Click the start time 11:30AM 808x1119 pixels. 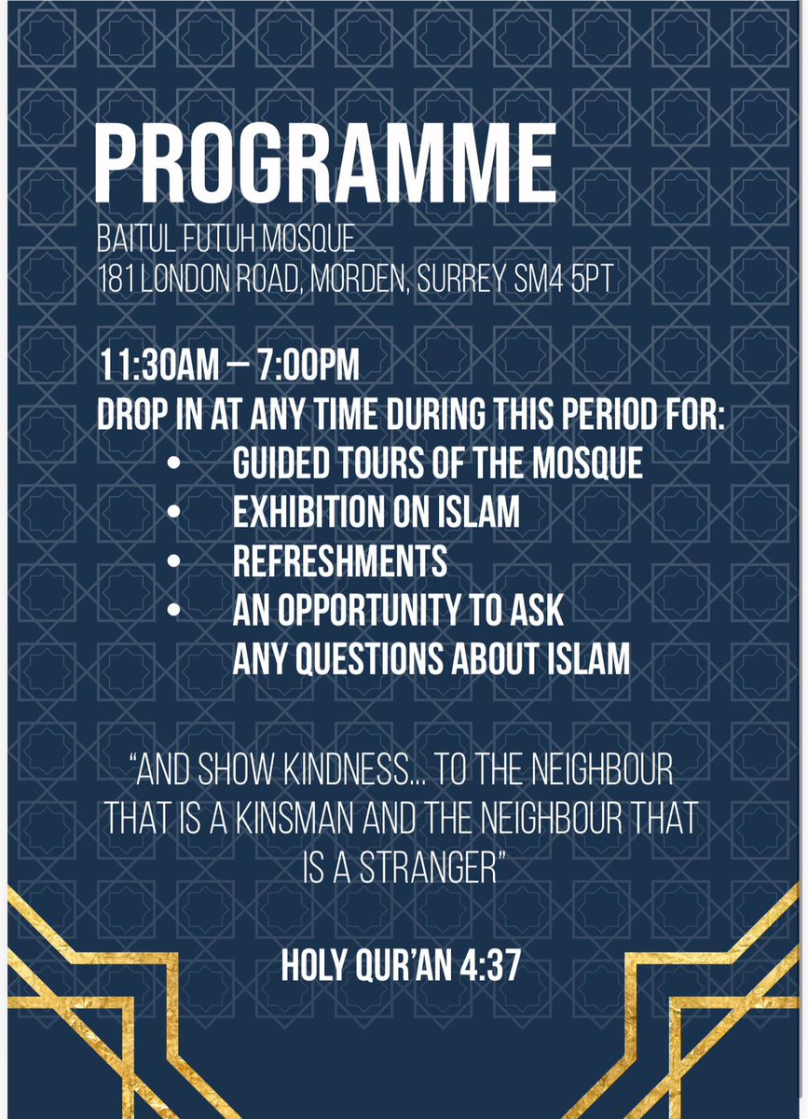[x=158, y=366]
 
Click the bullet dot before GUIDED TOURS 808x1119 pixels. [x=171, y=463]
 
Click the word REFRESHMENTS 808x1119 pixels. [x=339, y=562]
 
